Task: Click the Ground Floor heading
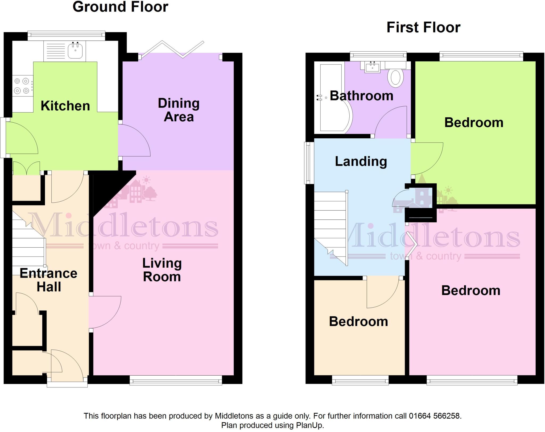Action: pyautogui.click(x=120, y=7)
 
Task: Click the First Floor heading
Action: pyautogui.click(x=423, y=27)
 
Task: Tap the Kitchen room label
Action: pyautogui.click(x=65, y=106)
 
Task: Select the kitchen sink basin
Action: pyautogui.click(x=75, y=51)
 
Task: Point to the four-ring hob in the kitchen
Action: pyautogui.click(x=22, y=86)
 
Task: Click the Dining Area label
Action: pyautogui.click(x=179, y=110)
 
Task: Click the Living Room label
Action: pyautogui.click(x=162, y=270)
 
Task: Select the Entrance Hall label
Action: pyautogui.click(x=48, y=280)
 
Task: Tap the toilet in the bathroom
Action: pyautogui.click(x=395, y=78)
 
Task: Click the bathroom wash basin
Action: pyautogui.click(x=372, y=67)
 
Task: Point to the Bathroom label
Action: pyautogui.click(x=361, y=96)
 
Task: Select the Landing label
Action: pyautogui.click(x=361, y=161)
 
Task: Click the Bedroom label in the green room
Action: pyautogui.click(x=474, y=123)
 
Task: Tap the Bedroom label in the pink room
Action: pyautogui.click(x=470, y=290)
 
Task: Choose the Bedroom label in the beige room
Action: pyautogui.click(x=358, y=321)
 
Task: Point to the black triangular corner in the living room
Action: pyautogui.click(x=109, y=189)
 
